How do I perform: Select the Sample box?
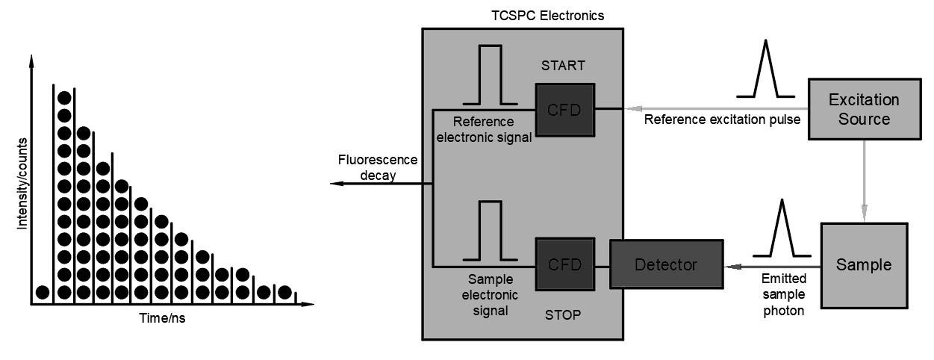(x=864, y=265)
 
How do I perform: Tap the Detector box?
(x=666, y=264)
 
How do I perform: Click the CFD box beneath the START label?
(x=565, y=110)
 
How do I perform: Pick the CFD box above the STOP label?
(x=565, y=264)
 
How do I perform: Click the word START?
(x=563, y=66)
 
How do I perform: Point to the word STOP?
(x=563, y=315)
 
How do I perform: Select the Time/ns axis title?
(x=162, y=317)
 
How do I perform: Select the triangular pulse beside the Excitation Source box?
(x=765, y=71)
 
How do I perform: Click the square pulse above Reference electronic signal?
(x=490, y=75)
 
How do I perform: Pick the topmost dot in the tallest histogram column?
(x=64, y=97)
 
